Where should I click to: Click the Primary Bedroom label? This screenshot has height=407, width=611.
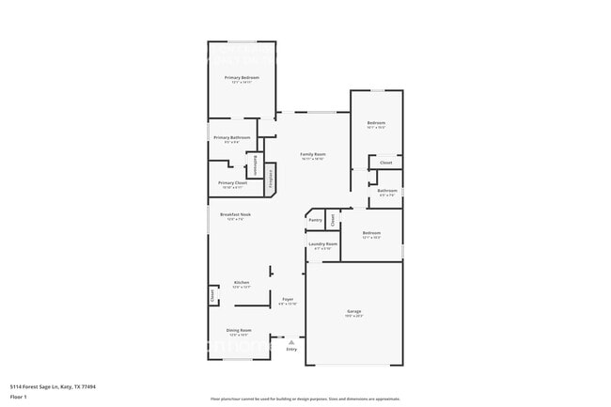(x=242, y=77)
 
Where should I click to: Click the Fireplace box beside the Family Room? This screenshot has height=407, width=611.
(x=270, y=179)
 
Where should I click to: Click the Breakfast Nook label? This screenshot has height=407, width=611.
(x=235, y=214)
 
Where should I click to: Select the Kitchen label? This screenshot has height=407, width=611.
(x=241, y=283)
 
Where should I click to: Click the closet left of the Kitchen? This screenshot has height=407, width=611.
(x=212, y=295)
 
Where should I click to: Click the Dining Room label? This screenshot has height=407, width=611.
(x=239, y=330)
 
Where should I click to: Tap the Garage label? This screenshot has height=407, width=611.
(x=353, y=311)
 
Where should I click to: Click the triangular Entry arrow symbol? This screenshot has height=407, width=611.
(x=290, y=342)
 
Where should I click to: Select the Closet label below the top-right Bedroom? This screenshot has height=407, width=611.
(x=385, y=163)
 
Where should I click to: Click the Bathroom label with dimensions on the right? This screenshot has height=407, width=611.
(x=387, y=191)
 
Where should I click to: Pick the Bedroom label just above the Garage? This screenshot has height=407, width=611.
(x=371, y=232)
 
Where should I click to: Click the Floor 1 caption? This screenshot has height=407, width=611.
(x=19, y=397)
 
